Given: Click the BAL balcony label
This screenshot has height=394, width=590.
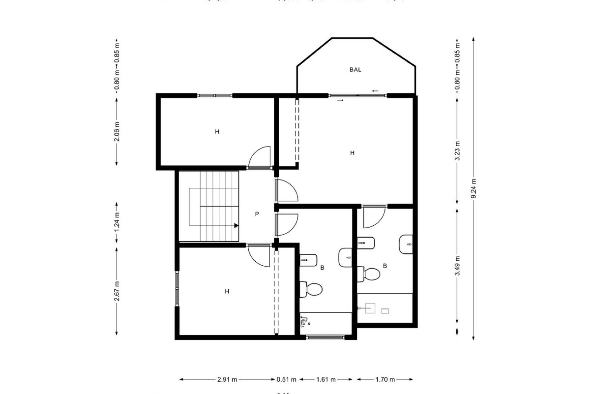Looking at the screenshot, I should pyautogui.click(x=355, y=70).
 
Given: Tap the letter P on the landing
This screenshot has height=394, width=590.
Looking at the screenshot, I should pyautogui.click(x=257, y=214).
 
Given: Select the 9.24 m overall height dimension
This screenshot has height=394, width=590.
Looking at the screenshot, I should pyautogui.click(x=474, y=189).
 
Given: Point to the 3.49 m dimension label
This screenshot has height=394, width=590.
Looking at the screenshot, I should pyautogui.click(x=458, y=266).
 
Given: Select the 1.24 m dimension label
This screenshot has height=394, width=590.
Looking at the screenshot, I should pyautogui.click(x=117, y=223).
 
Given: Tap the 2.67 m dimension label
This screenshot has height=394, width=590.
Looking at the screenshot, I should pyautogui.click(x=117, y=291).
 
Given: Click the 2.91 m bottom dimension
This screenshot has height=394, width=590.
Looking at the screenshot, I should pyautogui.click(x=227, y=380).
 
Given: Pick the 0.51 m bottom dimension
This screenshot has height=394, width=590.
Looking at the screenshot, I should pyautogui.click(x=286, y=380).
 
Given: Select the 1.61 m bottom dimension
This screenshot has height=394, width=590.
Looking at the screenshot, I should pyautogui.click(x=326, y=380).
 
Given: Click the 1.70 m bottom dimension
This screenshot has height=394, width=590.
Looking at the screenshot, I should pyautogui.click(x=385, y=380).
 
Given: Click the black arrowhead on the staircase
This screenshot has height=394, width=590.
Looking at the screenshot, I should pyautogui.click(x=236, y=226).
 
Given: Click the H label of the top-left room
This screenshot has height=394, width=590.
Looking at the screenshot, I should pyautogui.click(x=217, y=132).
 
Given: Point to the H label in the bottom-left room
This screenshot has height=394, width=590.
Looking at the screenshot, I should pyautogui.click(x=227, y=291).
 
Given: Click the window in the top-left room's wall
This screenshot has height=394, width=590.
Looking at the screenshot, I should pyautogui.click(x=214, y=96).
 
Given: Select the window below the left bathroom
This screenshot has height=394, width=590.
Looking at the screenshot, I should pyautogui.click(x=325, y=337).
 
